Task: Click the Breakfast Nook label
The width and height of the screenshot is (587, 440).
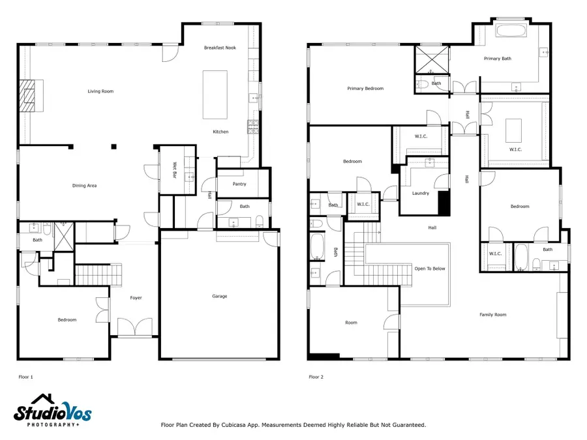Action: (220, 48)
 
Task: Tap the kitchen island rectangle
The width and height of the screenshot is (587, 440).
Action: (215, 95)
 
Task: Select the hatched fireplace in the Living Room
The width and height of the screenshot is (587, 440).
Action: (27, 95)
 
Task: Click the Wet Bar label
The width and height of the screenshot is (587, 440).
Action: (174, 170)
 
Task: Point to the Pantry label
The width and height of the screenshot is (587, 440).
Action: (239, 184)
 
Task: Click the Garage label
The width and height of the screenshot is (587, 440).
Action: (219, 297)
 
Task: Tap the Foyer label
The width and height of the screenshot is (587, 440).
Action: (136, 298)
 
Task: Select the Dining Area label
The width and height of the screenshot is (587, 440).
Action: (84, 186)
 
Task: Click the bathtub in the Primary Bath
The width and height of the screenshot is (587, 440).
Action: (511, 31)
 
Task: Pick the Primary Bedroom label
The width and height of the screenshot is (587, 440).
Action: (365, 89)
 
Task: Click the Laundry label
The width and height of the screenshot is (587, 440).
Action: (421, 194)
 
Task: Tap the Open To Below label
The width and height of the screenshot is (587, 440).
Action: (430, 269)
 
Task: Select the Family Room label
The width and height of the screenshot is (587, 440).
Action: (492, 315)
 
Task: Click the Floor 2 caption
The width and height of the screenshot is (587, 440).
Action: (316, 377)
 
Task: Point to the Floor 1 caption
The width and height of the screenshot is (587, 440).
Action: (26, 377)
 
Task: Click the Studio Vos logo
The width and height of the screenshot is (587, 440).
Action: (52, 411)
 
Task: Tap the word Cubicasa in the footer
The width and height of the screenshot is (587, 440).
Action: (234, 425)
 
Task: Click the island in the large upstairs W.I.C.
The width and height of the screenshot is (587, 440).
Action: (513, 130)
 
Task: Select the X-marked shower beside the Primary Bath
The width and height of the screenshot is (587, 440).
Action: (432, 59)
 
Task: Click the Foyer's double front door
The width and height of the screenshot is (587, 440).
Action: (135, 327)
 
